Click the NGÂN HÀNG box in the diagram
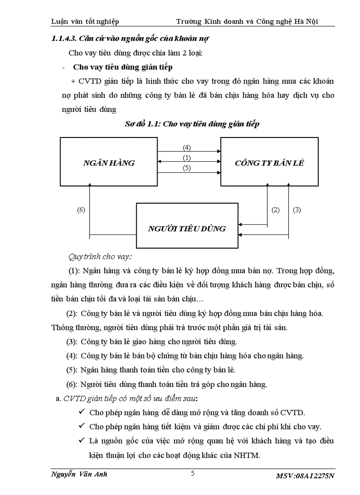pos(109,163)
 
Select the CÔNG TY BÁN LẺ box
pos(269,163)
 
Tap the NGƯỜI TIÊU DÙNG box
pos(187,228)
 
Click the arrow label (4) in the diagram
pos(187,148)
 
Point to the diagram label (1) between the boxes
pos(187,158)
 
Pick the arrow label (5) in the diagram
pos(187,168)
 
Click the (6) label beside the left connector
pos(81,210)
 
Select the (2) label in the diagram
pos(276,210)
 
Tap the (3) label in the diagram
pos(296,210)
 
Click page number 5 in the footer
pos(192,474)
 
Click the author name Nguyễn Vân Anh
pos(79,474)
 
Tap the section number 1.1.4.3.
pos(65,38)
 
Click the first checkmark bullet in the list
pos(81,413)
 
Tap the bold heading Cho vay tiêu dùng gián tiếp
pos(123,67)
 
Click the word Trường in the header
pos(188,21)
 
